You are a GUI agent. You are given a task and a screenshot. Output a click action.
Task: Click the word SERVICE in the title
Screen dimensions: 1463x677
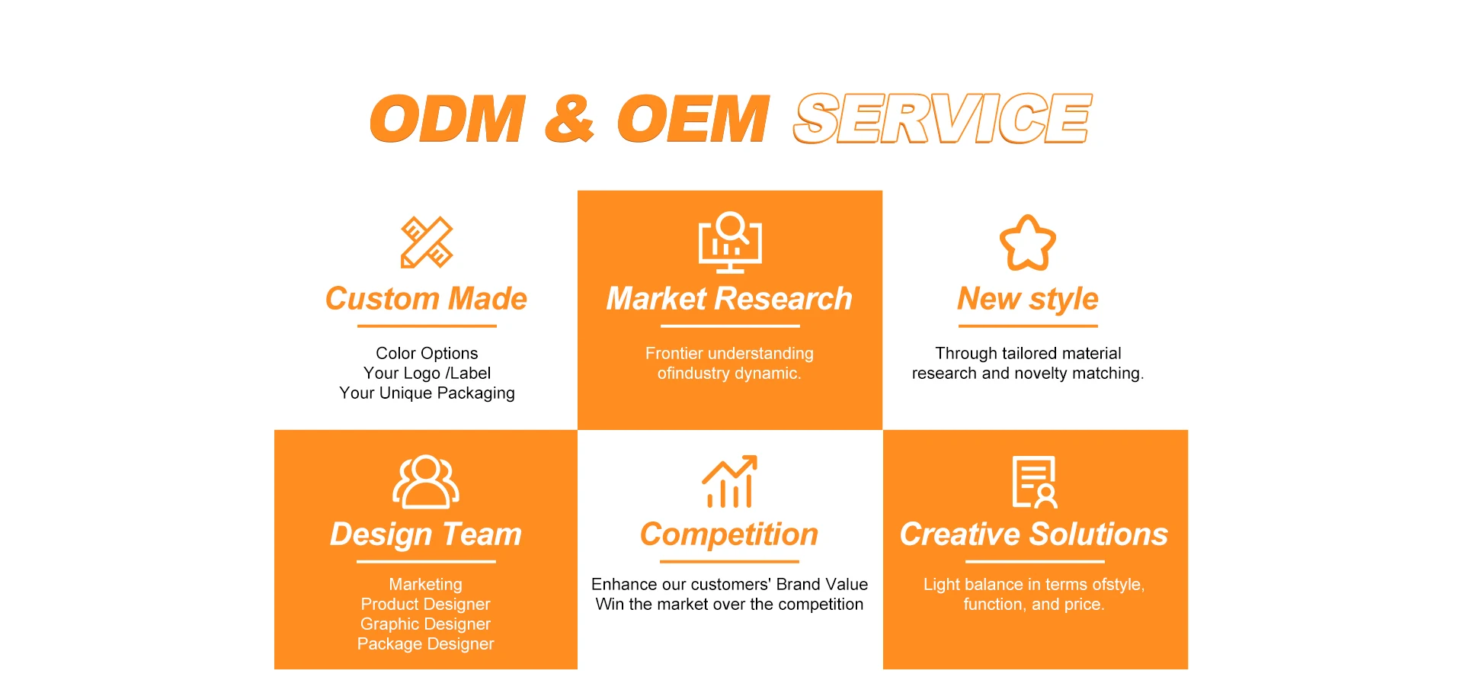click(x=943, y=119)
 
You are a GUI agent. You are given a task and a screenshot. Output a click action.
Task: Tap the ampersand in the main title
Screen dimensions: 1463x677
click(x=569, y=119)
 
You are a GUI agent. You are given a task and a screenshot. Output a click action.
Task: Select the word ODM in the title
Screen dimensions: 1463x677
click(x=448, y=119)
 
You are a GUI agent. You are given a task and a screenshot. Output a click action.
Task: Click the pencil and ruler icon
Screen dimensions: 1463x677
click(x=427, y=242)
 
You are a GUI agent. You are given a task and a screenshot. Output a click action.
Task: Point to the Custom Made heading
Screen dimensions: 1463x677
click(x=426, y=299)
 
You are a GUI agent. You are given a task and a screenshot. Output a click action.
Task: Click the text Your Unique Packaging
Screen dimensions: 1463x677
click(x=427, y=393)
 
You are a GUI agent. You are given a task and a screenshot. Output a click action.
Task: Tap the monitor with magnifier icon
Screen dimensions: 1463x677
click(x=730, y=242)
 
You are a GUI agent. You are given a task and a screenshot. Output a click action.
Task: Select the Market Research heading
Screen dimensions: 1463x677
click(x=729, y=299)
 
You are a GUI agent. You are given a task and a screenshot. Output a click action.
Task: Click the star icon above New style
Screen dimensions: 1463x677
click(x=1028, y=242)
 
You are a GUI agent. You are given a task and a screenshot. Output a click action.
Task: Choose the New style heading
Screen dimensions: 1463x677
click(x=1028, y=299)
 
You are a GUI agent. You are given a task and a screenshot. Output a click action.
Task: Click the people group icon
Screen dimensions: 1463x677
click(x=425, y=482)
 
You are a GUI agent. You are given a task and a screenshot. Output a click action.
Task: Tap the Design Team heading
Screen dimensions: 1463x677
click(x=425, y=534)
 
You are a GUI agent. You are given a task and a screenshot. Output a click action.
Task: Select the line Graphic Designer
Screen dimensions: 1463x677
click(x=425, y=624)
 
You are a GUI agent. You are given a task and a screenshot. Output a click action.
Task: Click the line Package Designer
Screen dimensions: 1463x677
click(x=425, y=644)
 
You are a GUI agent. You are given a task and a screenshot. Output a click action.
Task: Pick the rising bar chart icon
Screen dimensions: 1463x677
click(x=729, y=482)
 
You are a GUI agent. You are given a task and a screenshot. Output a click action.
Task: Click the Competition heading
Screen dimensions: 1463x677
click(x=729, y=534)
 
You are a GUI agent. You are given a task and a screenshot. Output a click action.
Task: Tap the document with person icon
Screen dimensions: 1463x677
click(x=1034, y=482)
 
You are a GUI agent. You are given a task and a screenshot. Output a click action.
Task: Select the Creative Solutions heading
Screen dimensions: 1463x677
click(x=1034, y=534)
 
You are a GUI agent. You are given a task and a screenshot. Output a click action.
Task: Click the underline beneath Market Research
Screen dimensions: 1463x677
click(x=730, y=326)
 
